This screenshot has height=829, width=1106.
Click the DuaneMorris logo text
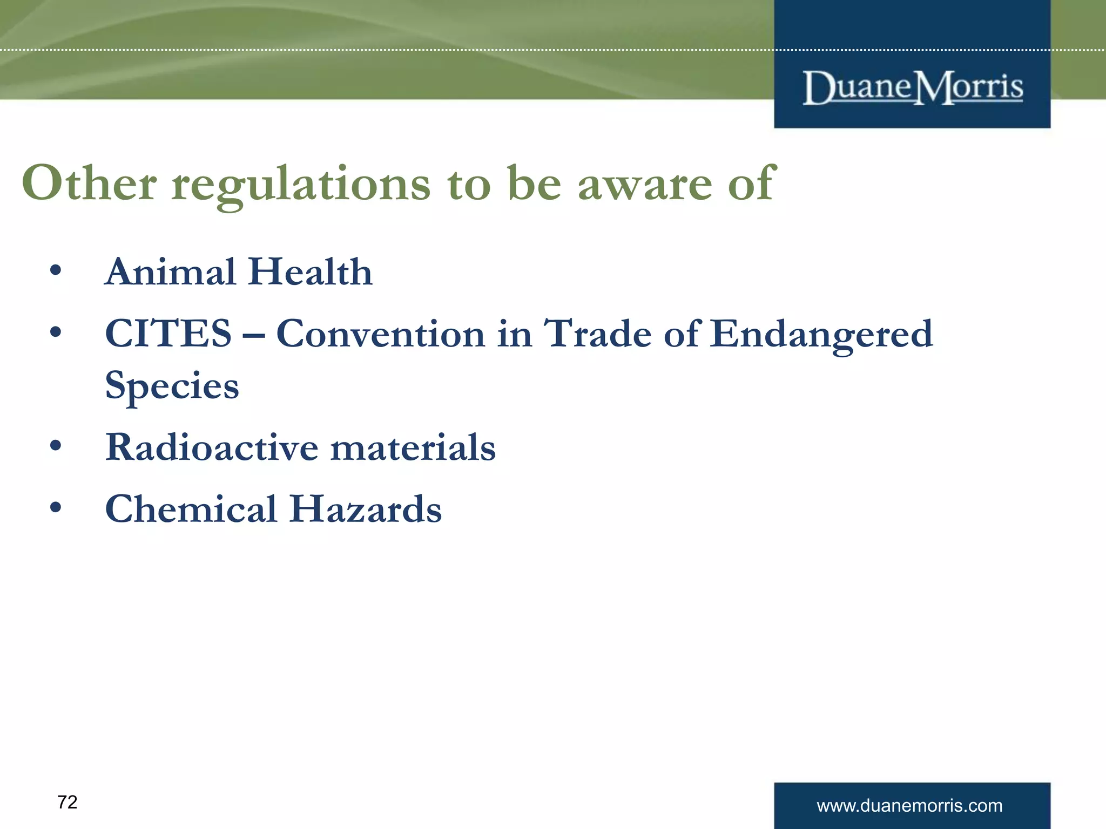click(912, 87)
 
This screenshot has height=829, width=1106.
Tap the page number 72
click(68, 802)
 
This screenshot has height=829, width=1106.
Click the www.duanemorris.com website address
click(909, 806)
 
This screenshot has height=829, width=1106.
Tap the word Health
click(311, 271)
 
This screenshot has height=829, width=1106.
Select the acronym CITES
click(168, 334)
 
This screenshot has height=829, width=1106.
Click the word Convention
click(380, 334)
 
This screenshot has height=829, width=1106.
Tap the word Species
click(172, 386)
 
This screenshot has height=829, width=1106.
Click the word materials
click(413, 447)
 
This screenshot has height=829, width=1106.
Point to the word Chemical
click(191, 509)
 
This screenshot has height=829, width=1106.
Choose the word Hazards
click(365, 509)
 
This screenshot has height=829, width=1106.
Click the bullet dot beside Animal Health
click(55, 270)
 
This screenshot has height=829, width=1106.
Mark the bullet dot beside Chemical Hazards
click(55, 507)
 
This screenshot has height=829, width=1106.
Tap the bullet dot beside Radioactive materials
click(55, 446)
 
